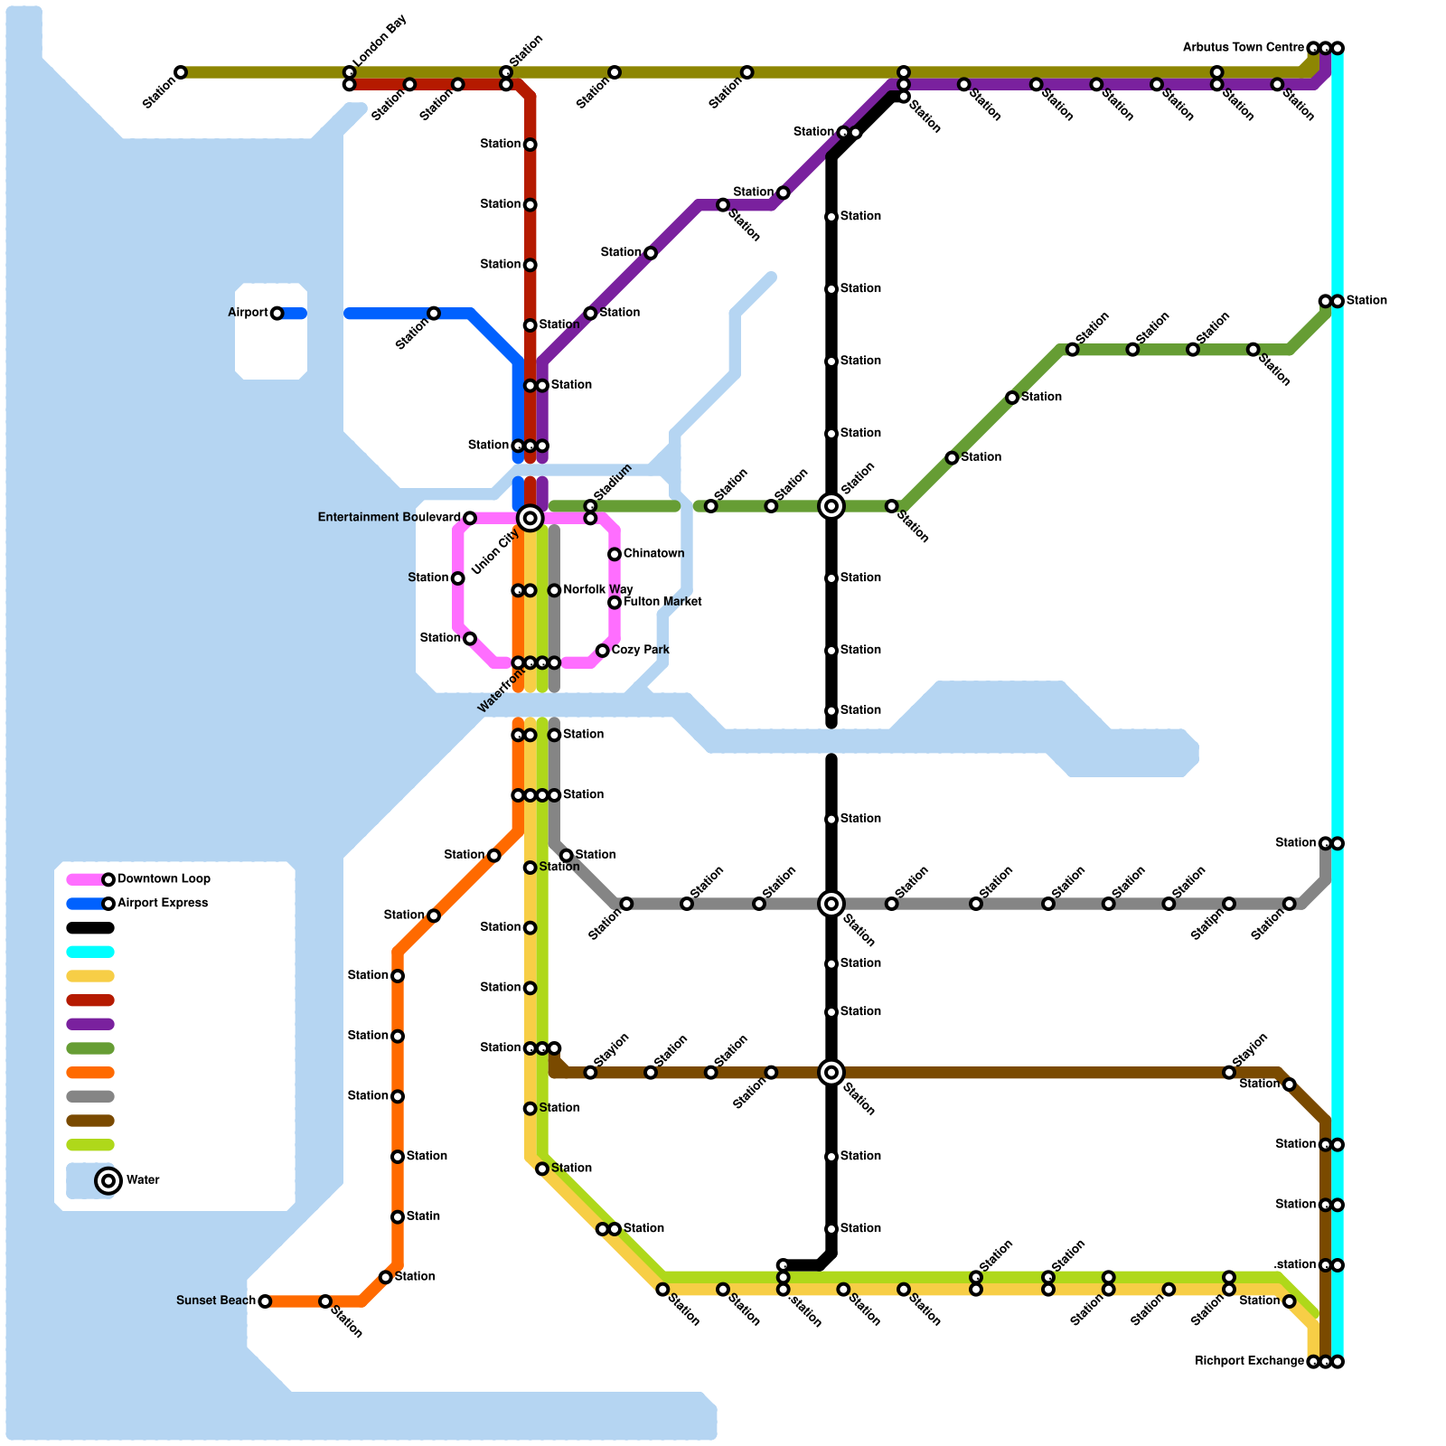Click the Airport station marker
coord(277,314)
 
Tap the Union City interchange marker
coord(531,518)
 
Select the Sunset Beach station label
coord(216,1300)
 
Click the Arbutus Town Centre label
coord(1244,47)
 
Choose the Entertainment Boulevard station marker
coord(469,518)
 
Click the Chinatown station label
coord(653,553)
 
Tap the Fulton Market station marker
coord(615,603)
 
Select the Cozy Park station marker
coord(602,651)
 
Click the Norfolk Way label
coord(597,590)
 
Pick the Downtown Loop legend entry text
coord(164,878)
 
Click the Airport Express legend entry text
coord(163,903)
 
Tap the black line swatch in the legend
coord(90,927)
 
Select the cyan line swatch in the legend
coord(90,952)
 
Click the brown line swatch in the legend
coord(90,1121)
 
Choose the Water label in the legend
coord(143,1180)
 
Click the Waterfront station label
coord(501,691)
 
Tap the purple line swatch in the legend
coord(90,1024)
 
